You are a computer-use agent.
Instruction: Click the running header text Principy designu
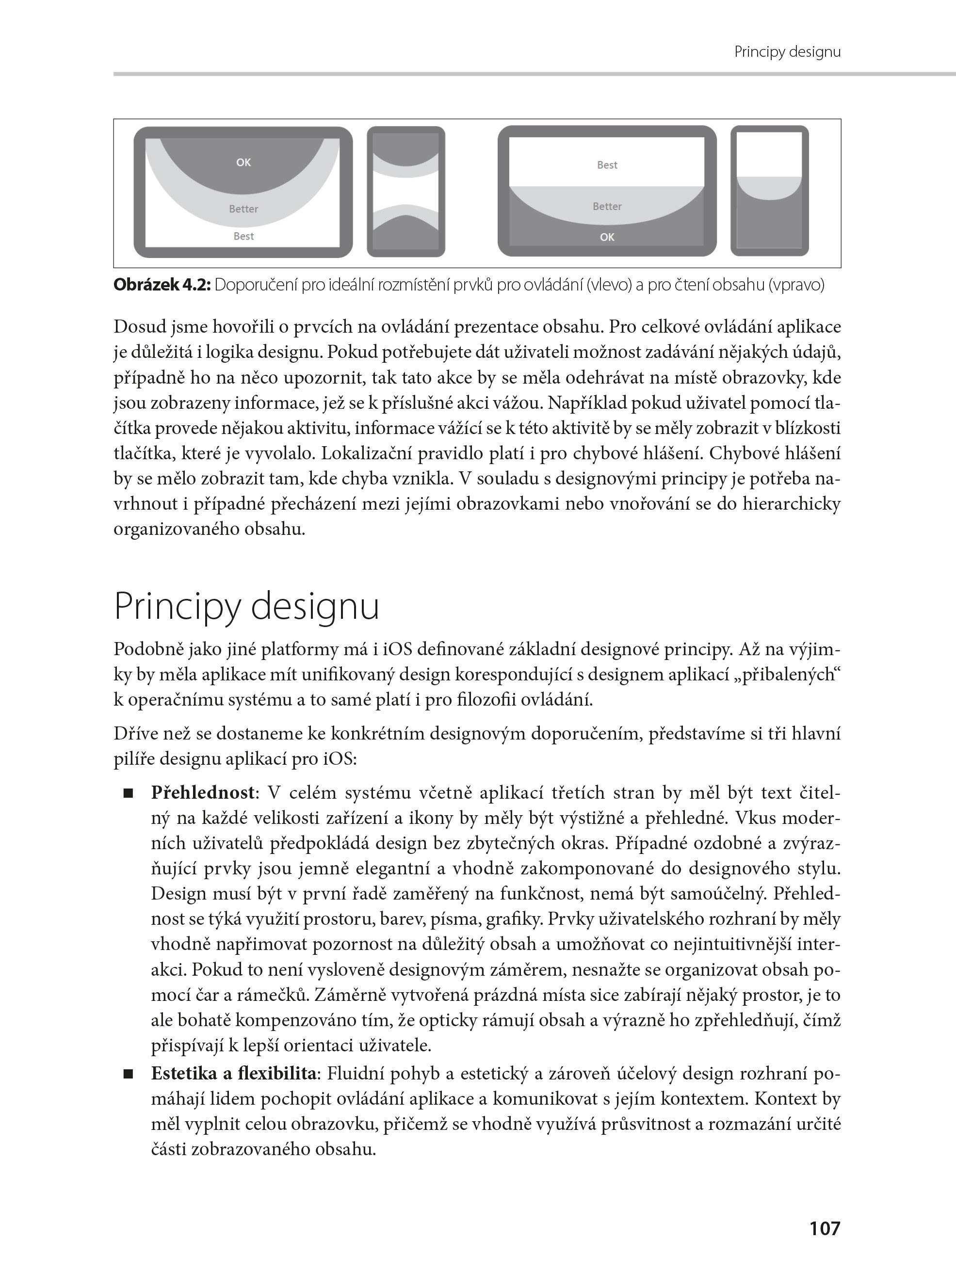(x=787, y=52)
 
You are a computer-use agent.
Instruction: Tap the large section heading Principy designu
(x=246, y=606)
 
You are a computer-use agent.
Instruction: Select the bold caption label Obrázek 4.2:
(x=162, y=285)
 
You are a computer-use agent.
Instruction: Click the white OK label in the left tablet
(x=243, y=162)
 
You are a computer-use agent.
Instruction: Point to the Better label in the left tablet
(x=243, y=209)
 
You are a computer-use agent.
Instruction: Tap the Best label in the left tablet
(x=243, y=236)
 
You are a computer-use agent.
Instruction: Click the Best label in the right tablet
(x=607, y=165)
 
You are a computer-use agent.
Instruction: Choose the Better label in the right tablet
(x=607, y=207)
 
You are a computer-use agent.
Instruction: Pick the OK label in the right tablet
(x=607, y=237)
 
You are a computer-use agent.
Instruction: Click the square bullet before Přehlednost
(x=128, y=793)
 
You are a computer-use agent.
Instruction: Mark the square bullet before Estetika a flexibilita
(x=128, y=1075)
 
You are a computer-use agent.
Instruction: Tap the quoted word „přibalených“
(x=789, y=675)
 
